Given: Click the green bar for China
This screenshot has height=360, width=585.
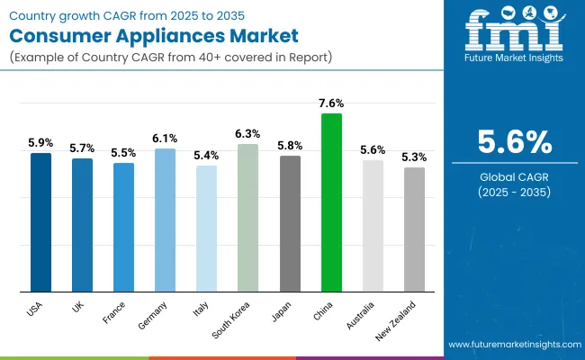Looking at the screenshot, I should tap(331, 202).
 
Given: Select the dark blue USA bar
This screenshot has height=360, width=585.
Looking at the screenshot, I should tap(41, 222).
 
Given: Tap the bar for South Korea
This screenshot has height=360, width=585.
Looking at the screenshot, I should tap(247, 218).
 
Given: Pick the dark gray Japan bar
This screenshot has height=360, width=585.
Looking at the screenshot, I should tap(290, 223).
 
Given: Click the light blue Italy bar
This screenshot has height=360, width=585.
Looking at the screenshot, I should tap(207, 229).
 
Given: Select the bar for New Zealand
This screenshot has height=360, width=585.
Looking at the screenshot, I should tap(414, 229).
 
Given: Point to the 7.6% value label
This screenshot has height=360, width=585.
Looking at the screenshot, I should tap(331, 102).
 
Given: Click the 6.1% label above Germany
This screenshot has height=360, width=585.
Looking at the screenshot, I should tap(166, 138).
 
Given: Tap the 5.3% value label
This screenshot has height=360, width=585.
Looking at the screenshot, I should tap(414, 157).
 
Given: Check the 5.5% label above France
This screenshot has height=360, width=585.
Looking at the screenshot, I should tap(124, 153).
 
